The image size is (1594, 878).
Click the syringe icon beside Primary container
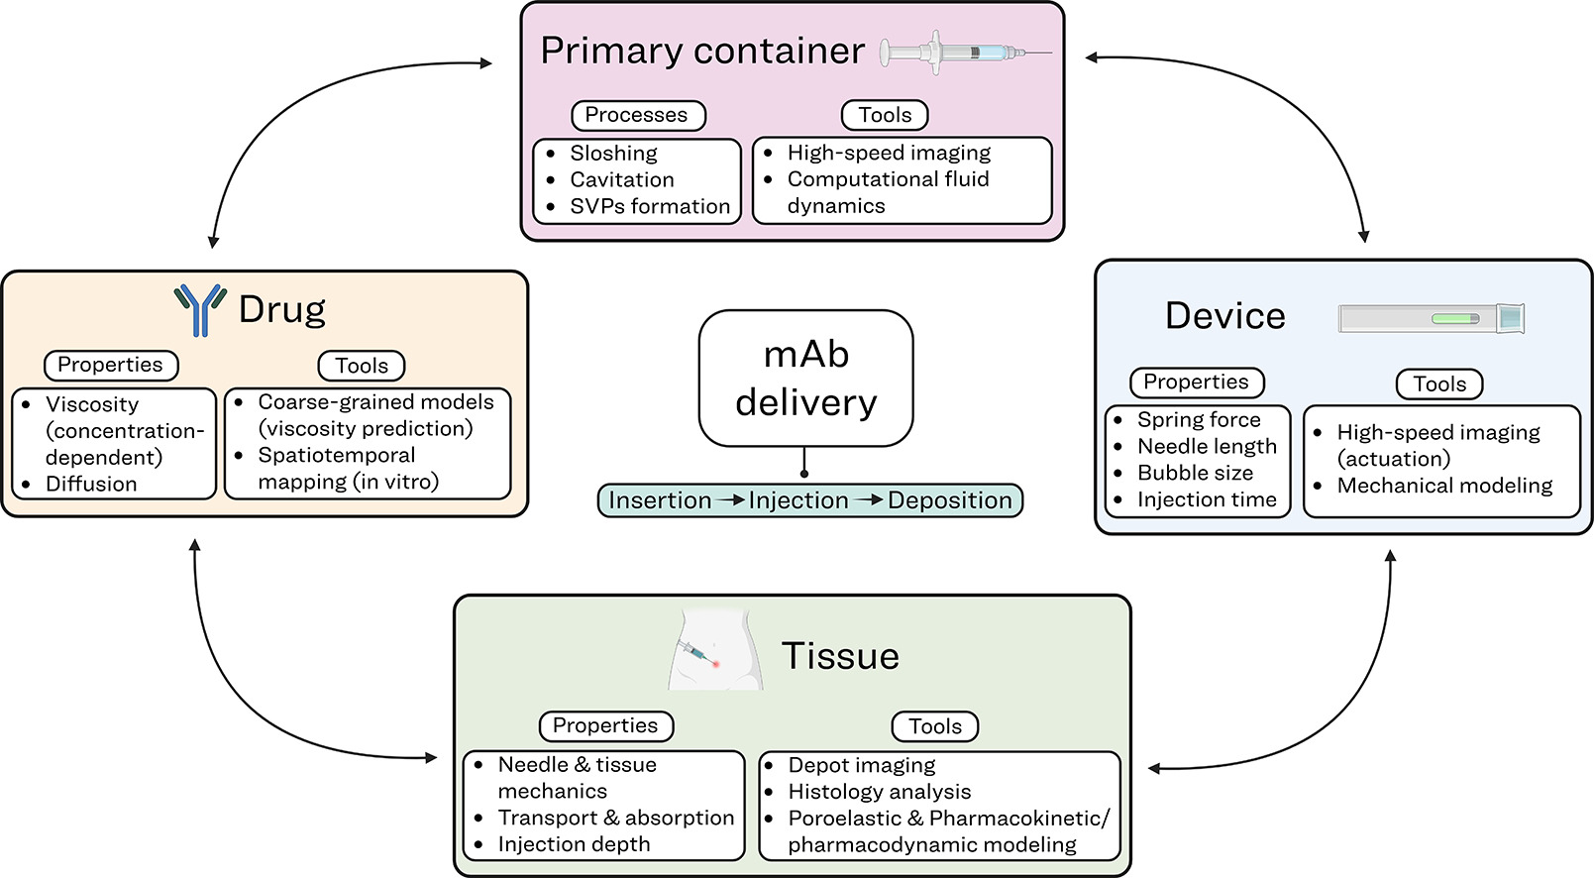(965, 52)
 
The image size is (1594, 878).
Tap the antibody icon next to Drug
(200, 310)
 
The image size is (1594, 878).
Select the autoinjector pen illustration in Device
(1432, 318)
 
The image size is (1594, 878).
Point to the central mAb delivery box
(805, 379)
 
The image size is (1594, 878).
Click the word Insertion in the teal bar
(660, 500)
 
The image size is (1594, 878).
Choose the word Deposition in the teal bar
(949, 500)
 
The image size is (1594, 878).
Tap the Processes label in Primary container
(637, 115)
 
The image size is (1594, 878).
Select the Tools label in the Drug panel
(362, 366)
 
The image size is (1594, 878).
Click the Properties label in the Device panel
(1196, 383)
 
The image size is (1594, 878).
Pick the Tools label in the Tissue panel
(935, 726)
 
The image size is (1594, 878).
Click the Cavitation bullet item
(621, 179)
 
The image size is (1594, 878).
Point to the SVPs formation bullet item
(649, 206)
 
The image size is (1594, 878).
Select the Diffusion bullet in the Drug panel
(91, 484)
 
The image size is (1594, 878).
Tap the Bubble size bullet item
(1195, 473)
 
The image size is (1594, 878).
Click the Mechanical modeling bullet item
(1444, 486)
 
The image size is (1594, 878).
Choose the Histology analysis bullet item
(879, 792)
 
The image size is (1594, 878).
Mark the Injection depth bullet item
(574, 844)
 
